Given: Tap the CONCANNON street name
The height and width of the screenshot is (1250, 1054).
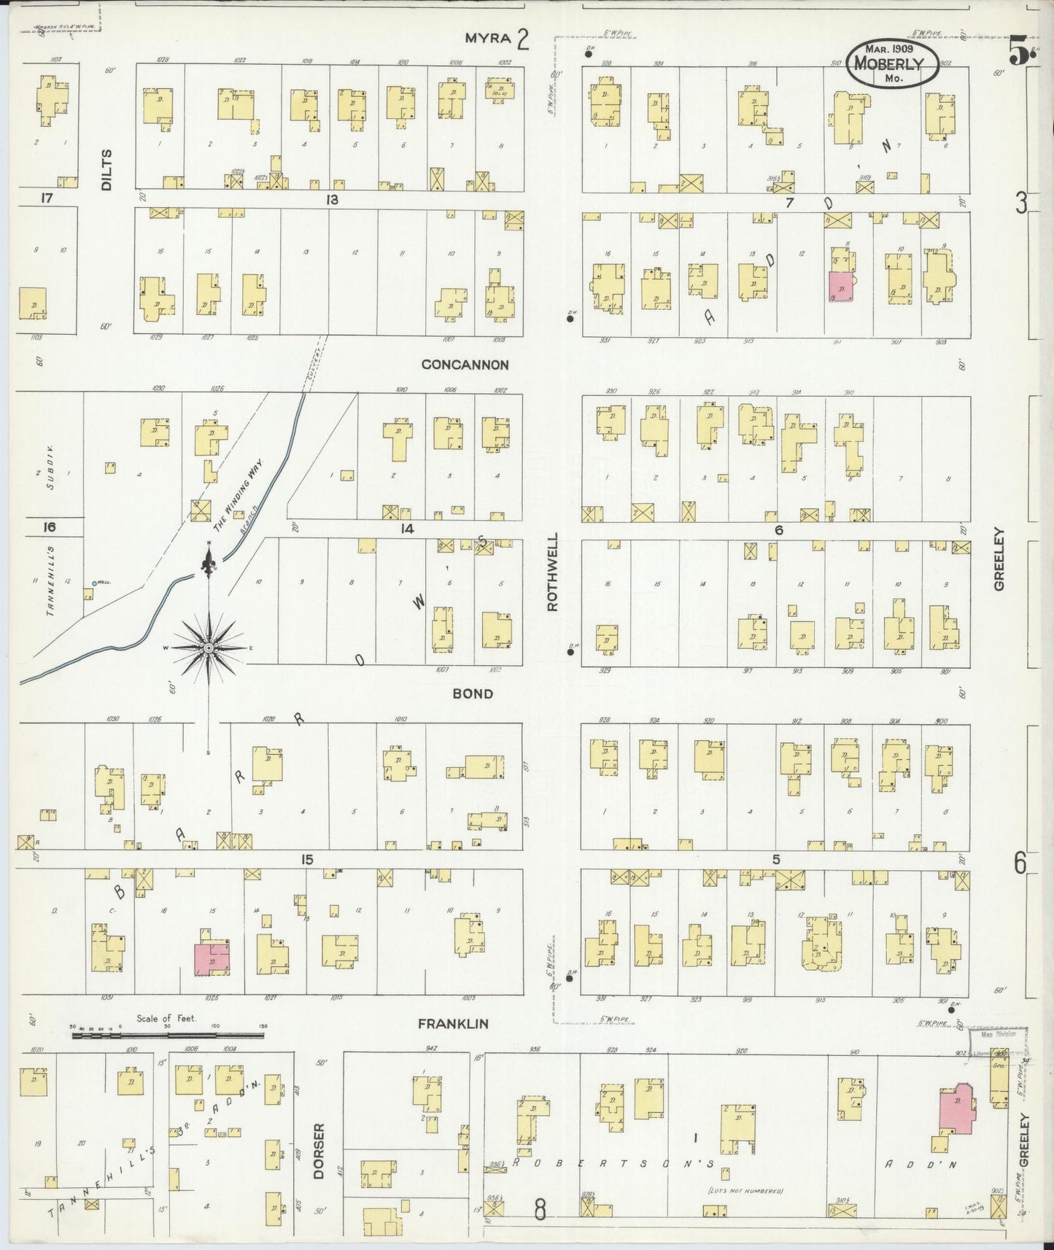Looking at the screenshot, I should pos(465,365).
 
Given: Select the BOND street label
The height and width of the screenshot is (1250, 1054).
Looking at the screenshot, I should pos(473,694).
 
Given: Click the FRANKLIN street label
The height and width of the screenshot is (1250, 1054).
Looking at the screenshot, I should pos(453,1024).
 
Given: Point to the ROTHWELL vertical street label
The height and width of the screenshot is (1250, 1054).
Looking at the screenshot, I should pos(552,572).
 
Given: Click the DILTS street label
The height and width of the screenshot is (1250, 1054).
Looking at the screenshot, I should pos(107,170).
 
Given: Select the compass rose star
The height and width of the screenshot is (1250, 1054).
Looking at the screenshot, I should pos(209,648).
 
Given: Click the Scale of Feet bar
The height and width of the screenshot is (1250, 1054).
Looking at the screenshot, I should pos(167,1034).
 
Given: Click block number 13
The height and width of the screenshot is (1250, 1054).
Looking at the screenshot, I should pos(332,199).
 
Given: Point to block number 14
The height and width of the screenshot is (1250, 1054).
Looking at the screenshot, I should pos(406,529).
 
